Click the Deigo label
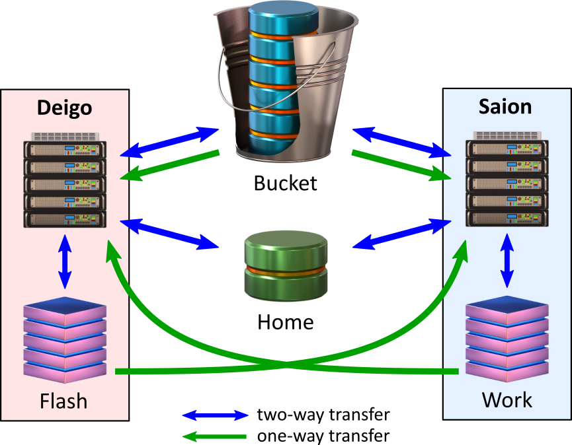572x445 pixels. point(64,108)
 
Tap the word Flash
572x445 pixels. point(63,401)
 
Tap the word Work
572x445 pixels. point(507,399)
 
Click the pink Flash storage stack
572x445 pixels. point(65,341)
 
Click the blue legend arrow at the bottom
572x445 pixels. point(216,415)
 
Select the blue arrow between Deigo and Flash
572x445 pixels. point(65,261)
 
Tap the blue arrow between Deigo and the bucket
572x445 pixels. point(170,143)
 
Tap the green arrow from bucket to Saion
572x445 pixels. point(401,165)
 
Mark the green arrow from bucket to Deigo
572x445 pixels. point(170,165)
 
